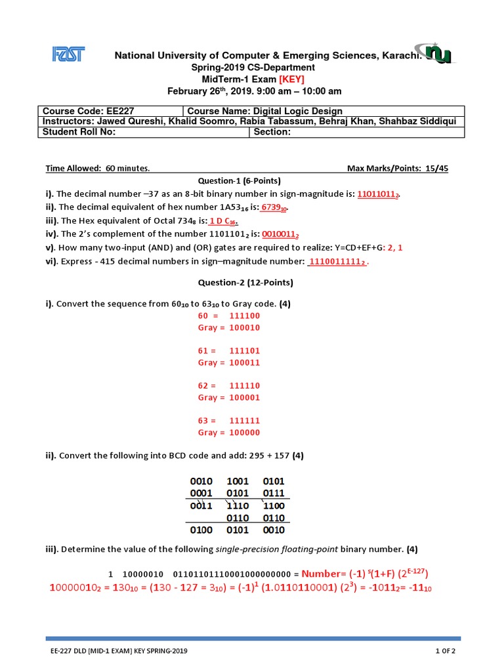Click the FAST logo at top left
click(x=68, y=54)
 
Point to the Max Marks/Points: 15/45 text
click(x=397, y=169)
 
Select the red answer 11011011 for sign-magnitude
click(x=379, y=194)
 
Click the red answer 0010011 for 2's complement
click(x=282, y=234)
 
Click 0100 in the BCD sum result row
click(x=201, y=528)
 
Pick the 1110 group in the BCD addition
click(x=238, y=506)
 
